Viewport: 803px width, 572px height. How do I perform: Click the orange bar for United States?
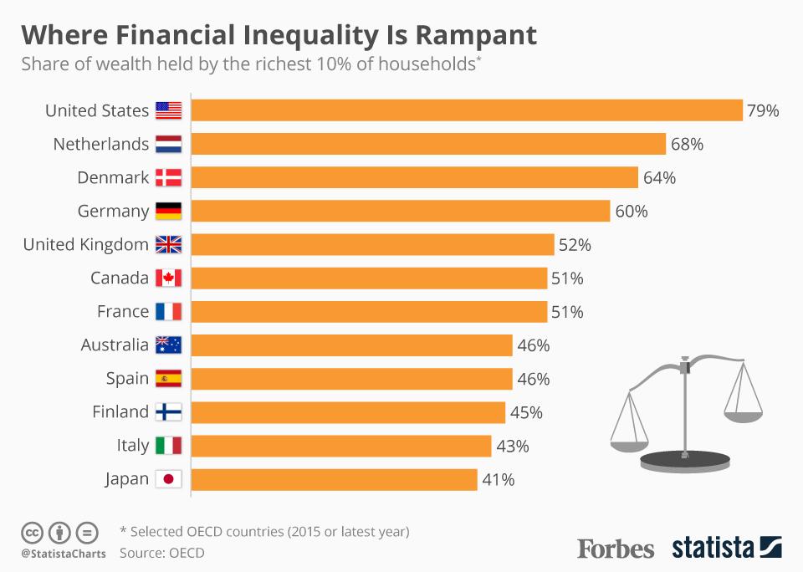click(467, 110)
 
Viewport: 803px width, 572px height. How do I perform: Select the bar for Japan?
click(335, 479)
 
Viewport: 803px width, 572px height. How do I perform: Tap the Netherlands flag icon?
click(168, 144)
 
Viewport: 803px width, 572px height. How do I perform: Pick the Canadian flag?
click(168, 278)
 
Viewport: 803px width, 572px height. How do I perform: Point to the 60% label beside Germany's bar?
click(632, 211)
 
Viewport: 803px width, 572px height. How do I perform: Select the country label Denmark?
click(113, 177)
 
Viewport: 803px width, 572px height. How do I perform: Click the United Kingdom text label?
click(85, 244)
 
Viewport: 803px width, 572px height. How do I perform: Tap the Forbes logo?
click(616, 549)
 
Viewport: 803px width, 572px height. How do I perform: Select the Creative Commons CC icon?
click(32, 532)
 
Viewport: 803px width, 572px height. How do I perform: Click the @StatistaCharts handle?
click(63, 554)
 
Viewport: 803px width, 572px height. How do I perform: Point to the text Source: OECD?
click(161, 553)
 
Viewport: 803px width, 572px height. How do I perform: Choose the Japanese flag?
click(168, 479)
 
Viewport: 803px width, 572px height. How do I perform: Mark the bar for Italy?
click(341, 446)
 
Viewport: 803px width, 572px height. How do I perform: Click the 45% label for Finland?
click(526, 412)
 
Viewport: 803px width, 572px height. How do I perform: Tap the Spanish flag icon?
click(168, 379)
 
